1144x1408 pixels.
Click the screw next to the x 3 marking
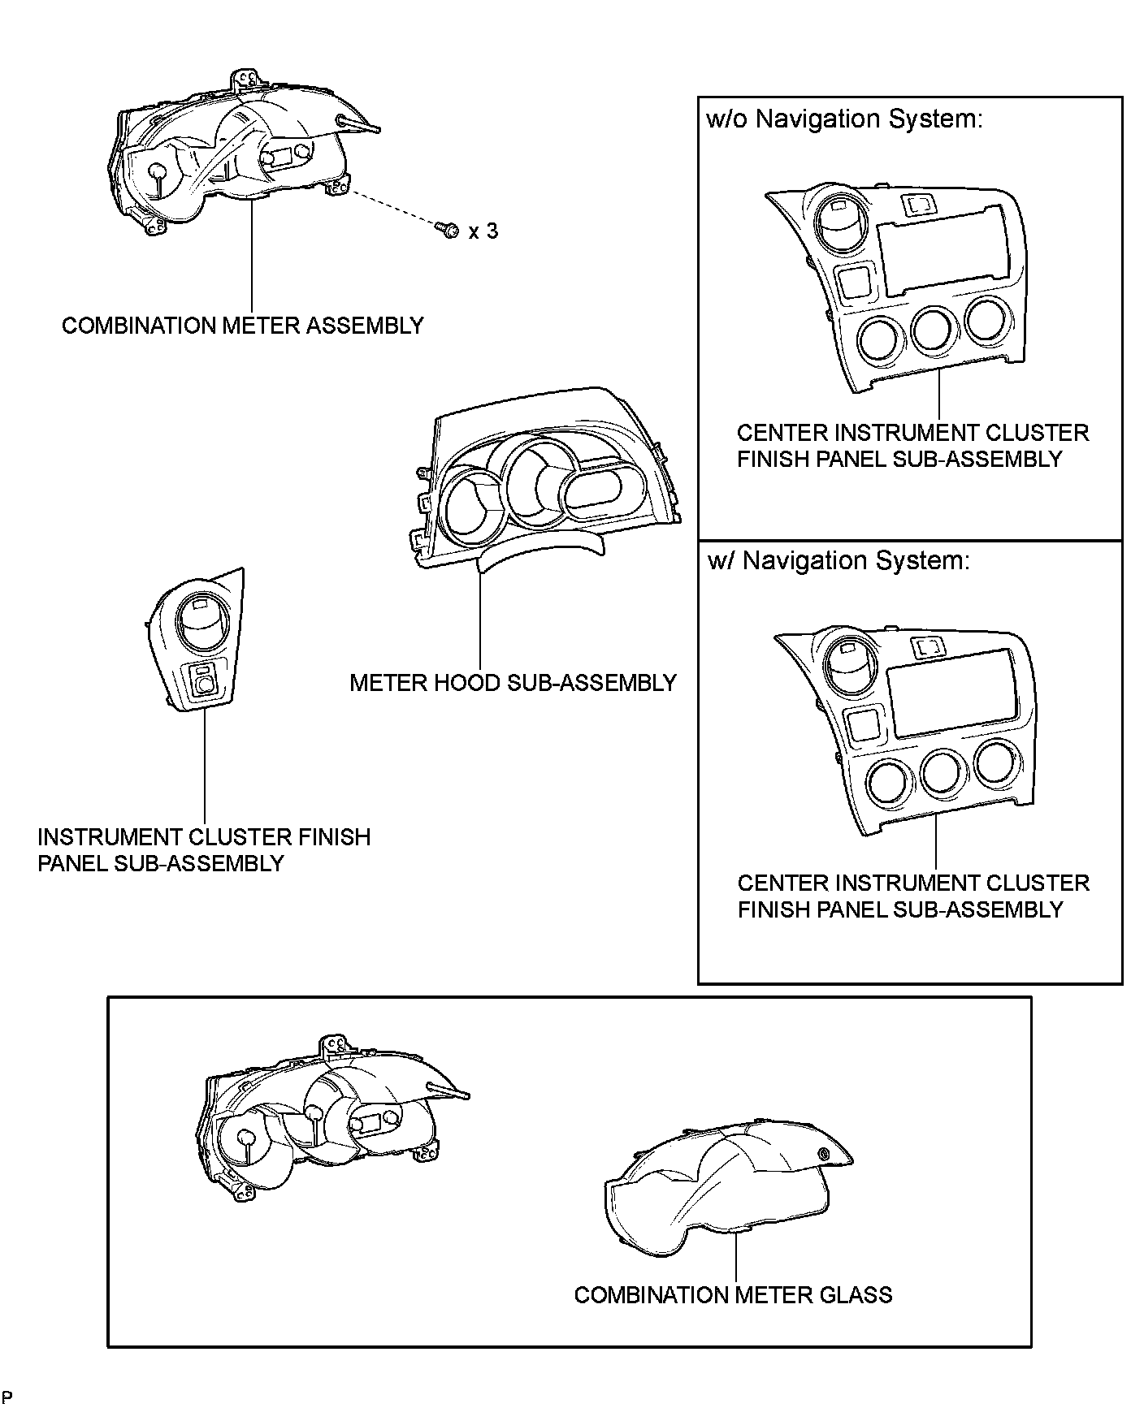point(445,231)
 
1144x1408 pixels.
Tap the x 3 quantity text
point(483,231)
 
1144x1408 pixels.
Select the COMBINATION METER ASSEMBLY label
point(243,326)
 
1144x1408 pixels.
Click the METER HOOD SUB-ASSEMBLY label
point(513,683)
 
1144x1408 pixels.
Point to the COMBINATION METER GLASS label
point(733,1295)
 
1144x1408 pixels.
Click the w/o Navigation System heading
point(845,119)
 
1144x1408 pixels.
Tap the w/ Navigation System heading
point(838,561)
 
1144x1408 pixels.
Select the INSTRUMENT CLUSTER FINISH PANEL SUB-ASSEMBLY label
point(203,850)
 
